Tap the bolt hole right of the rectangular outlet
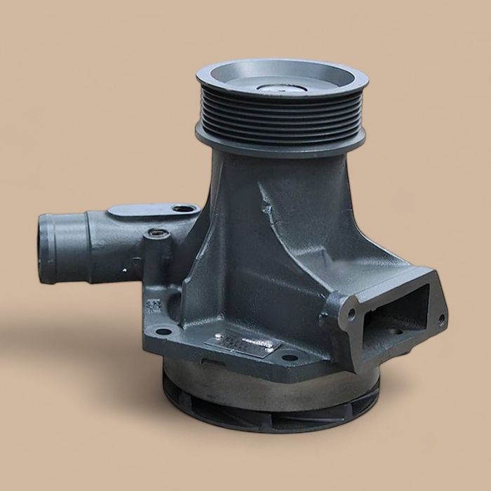coord(441,320)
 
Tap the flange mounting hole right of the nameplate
coord(290,358)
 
